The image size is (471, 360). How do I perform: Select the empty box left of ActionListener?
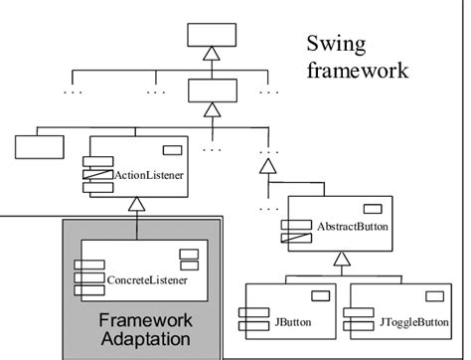pyautogui.click(x=39, y=148)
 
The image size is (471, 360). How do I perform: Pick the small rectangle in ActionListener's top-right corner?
pyautogui.click(x=172, y=151)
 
